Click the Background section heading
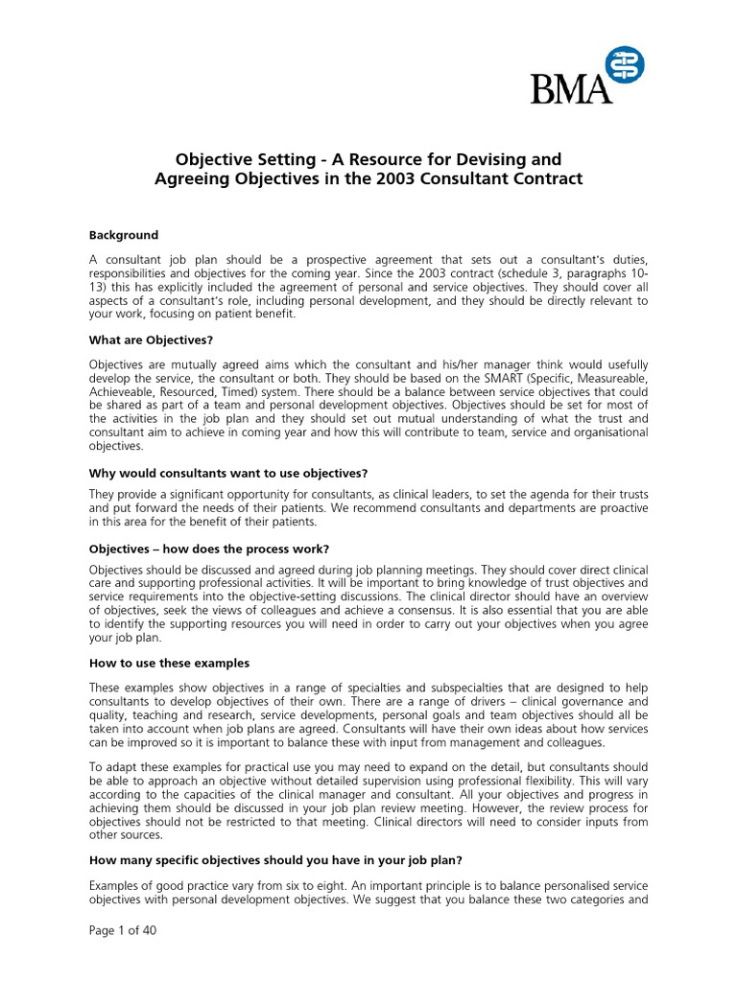click(x=124, y=235)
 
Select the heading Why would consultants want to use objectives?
click(x=228, y=473)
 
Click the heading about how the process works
click(x=209, y=549)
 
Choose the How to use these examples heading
click(x=169, y=663)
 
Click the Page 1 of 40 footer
click(x=123, y=959)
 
